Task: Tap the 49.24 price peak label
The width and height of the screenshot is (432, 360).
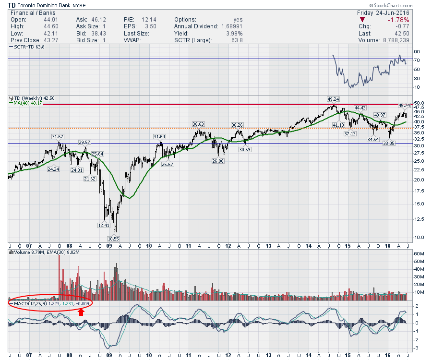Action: click(x=333, y=99)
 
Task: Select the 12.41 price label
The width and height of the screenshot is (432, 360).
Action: click(x=102, y=225)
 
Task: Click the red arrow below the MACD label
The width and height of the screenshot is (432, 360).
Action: click(x=82, y=312)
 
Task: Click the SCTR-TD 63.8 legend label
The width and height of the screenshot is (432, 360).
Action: click(x=27, y=47)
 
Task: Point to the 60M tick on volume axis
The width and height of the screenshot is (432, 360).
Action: click(x=418, y=253)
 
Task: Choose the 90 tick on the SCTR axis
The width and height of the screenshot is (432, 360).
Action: click(x=417, y=51)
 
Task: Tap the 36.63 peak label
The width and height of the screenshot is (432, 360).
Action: click(x=198, y=124)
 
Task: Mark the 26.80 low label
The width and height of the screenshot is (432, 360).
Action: click(x=219, y=161)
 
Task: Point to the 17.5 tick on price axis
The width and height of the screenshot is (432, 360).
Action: click(x=419, y=191)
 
